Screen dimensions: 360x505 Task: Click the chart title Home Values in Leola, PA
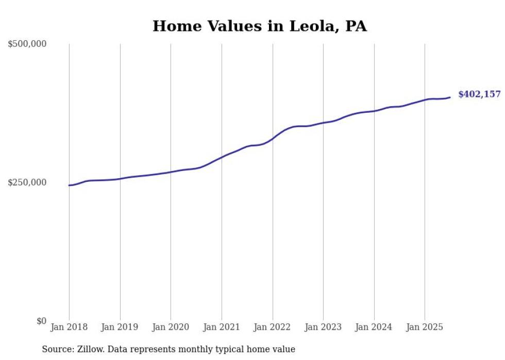click(x=259, y=26)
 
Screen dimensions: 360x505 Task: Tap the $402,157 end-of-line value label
click(x=479, y=94)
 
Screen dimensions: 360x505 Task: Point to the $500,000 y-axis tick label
click(x=27, y=44)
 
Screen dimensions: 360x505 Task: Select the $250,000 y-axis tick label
click(x=27, y=182)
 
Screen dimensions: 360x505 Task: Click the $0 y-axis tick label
click(x=41, y=321)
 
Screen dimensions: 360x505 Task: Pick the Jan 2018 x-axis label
click(x=69, y=327)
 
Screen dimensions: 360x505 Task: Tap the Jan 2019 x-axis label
click(x=120, y=327)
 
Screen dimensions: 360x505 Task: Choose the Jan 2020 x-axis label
click(x=171, y=327)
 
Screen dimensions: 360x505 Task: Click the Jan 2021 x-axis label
click(x=222, y=327)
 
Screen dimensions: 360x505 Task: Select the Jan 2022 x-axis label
click(x=272, y=327)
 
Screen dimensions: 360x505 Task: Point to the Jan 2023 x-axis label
click(x=323, y=327)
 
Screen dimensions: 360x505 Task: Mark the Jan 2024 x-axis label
click(x=374, y=327)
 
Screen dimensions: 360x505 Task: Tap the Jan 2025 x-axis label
click(x=425, y=327)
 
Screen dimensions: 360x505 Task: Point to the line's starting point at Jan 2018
click(x=69, y=185)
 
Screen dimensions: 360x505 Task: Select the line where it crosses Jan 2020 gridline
click(x=171, y=172)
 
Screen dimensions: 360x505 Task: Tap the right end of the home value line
click(x=450, y=97)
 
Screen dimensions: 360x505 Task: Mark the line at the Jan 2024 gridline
click(x=374, y=111)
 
